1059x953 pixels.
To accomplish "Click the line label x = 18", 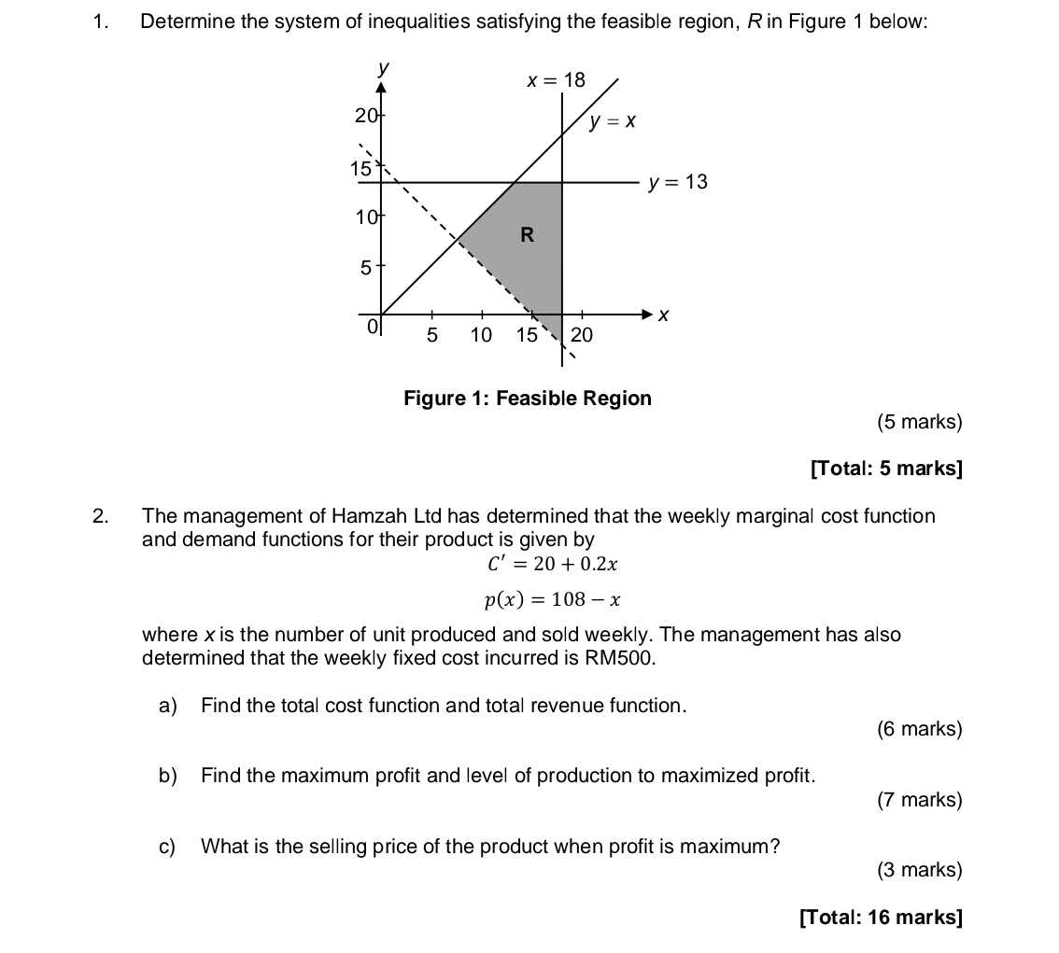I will tap(556, 80).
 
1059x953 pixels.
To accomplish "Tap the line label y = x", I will tap(613, 121).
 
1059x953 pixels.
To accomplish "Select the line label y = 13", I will tap(678, 182).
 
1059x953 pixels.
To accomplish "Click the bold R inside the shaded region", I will tap(527, 235).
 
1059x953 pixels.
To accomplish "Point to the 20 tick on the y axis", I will tap(365, 115).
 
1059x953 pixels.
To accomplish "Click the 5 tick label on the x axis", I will tap(431, 334).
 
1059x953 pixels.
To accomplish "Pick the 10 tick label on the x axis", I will tap(481, 334).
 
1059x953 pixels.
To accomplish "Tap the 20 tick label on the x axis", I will tap(582, 334).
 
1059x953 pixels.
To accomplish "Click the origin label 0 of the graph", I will tap(373, 328).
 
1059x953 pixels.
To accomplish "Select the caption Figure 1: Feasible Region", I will tap(527, 399).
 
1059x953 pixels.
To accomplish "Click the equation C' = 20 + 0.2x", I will tap(553, 564).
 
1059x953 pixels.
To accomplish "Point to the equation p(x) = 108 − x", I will tap(553, 599).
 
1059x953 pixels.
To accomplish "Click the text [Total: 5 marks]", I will tap(885, 468).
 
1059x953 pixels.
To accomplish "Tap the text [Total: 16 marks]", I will tap(880, 917).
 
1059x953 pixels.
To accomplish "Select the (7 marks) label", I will tap(919, 800).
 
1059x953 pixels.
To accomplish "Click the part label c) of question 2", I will tap(168, 847).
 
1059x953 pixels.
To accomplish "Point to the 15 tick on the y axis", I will tap(360, 169).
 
